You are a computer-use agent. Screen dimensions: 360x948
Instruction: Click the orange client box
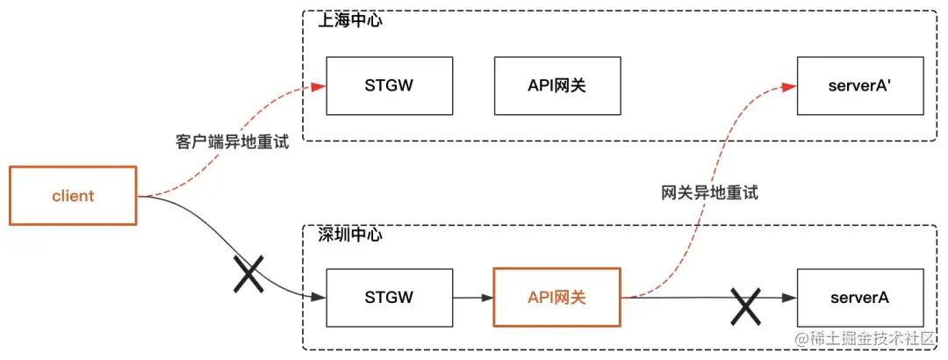click(x=73, y=196)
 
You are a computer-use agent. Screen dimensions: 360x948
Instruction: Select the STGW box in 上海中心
click(x=390, y=86)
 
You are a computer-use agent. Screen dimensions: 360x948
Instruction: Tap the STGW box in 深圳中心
click(x=390, y=298)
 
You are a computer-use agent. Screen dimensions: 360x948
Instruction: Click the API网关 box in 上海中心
click(x=558, y=86)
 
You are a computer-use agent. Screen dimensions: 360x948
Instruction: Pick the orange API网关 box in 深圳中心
click(x=558, y=298)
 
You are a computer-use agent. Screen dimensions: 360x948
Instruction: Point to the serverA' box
click(x=860, y=86)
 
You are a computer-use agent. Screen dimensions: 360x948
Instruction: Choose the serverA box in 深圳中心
click(x=860, y=298)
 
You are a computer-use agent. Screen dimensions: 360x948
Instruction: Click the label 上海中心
click(x=350, y=20)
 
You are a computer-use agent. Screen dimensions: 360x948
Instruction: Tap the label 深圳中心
click(x=350, y=235)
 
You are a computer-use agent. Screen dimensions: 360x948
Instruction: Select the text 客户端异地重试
click(x=233, y=142)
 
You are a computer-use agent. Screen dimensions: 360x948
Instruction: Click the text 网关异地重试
click(x=709, y=193)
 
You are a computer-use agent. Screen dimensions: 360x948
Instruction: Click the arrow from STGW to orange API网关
click(x=473, y=299)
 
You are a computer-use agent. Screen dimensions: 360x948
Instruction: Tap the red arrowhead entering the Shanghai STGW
click(x=319, y=86)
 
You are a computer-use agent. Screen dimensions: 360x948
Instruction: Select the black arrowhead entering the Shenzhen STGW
click(x=319, y=299)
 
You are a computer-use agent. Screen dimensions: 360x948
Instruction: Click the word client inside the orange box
click(x=73, y=196)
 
